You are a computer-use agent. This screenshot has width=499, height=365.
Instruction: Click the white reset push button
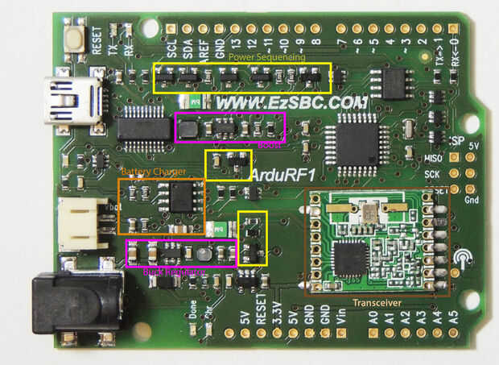click(x=77, y=38)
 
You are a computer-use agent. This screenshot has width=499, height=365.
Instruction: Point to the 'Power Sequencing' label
click(x=266, y=57)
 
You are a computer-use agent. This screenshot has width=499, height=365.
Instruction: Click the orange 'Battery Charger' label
click(x=153, y=172)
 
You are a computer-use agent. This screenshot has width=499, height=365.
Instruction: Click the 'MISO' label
click(x=432, y=159)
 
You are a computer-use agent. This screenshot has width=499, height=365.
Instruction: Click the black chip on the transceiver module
click(x=351, y=259)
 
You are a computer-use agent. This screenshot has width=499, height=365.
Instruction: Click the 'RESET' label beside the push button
click(x=97, y=39)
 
